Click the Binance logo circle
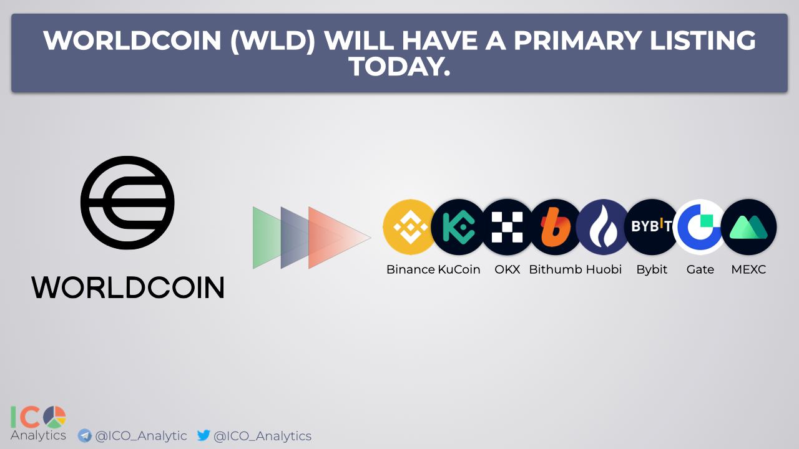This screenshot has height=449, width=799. (410, 227)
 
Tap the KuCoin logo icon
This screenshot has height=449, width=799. (458, 227)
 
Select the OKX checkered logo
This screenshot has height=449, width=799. (507, 227)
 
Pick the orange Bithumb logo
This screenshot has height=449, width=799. (555, 227)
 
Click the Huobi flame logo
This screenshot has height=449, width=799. (603, 227)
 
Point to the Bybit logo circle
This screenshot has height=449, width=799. (652, 227)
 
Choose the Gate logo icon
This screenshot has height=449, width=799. (700, 227)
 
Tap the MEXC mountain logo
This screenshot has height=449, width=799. (748, 227)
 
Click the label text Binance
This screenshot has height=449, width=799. (411, 269)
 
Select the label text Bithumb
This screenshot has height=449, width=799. (556, 269)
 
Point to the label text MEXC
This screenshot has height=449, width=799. (748, 269)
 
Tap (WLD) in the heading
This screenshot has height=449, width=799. (273, 41)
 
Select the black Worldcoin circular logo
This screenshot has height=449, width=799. (127, 203)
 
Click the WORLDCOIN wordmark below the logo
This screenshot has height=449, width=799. (128, 287)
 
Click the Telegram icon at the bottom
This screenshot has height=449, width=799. (84, 435)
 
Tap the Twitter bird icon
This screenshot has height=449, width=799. (203, 435)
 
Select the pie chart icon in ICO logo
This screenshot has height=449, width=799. (54, 417)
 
